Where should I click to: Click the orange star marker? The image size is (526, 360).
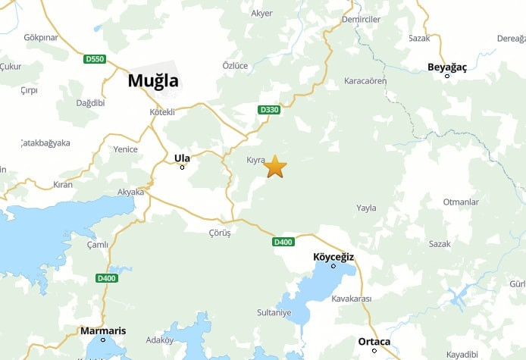tap(275, 166)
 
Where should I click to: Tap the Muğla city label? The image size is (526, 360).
tap(153, 80)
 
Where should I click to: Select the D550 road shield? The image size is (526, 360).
tap(95, 58)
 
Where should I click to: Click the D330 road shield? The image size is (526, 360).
tap(269, 110)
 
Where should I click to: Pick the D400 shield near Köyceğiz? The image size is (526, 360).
tap(283, 242)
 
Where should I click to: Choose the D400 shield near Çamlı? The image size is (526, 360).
tap(107, 278)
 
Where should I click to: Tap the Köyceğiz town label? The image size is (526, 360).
tap(333, 257)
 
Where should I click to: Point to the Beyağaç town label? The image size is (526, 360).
tap(447, 67)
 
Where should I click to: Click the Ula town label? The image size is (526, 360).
tap(182, 158)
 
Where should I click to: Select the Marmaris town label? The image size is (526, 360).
tap(103, 331)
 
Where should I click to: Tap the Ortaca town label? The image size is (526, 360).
tap(374, 341)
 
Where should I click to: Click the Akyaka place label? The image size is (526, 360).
tap(130, 193)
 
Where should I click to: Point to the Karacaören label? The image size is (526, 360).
tap(365, 80)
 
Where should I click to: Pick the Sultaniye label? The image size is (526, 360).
tap(274, 312)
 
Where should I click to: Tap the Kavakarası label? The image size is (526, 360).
tap(352, 299)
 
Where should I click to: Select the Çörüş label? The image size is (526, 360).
tap(219, 233)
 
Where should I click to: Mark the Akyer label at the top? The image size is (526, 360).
tap(261, 14)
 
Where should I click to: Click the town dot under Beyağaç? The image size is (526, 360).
tap(447, 76)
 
